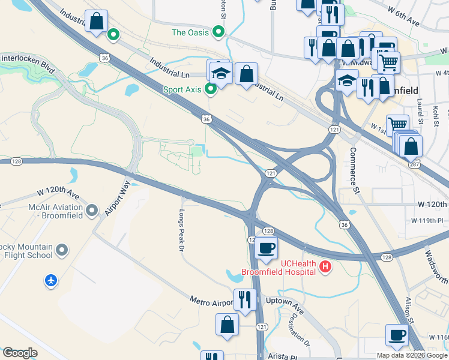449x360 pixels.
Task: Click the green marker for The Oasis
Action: (219, 32)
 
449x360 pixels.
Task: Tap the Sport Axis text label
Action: (182, 90)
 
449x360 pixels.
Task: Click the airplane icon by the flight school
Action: (51, 280)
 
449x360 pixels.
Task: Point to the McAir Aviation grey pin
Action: (92, 210)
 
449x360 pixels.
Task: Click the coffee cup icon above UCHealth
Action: (266, 247)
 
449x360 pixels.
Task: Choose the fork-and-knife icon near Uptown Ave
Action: (244, 299)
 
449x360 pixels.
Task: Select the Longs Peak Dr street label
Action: (182, 231)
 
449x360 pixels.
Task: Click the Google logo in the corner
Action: (20, 353)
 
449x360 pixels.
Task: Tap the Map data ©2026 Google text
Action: (412, 355)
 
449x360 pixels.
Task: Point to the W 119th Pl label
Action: (430, 221)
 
